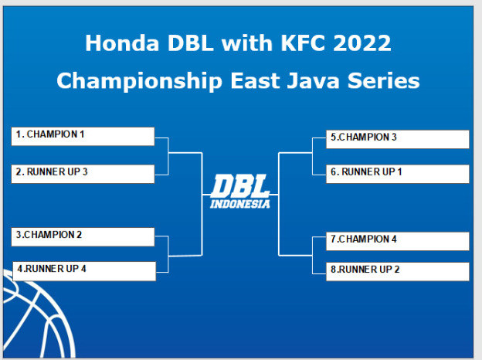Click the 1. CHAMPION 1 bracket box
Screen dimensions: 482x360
coord(83,136)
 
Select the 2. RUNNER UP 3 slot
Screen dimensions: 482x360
coord(83,174)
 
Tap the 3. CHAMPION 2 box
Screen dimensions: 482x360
coord(83,236)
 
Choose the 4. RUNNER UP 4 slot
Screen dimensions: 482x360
coord(84,271)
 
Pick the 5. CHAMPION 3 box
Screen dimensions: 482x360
coord(398,139)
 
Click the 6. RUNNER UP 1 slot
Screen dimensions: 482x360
coord(398,174)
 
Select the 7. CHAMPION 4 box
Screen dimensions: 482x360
coord(398,241)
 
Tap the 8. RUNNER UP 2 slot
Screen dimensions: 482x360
coord(398,271)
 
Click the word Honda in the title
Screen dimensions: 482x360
coord(122,43)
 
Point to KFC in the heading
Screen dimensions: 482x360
coord(303,43)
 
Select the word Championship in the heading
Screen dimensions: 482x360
coord(140,81)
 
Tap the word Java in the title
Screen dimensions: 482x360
coord(314,80)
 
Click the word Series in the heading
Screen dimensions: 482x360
coord(384,80)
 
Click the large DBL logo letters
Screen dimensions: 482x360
coord(240,186)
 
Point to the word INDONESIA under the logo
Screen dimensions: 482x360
coord(240,204)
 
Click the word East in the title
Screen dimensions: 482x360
coord(255,80)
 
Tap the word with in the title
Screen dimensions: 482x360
coord(247,43)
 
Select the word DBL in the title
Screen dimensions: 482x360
coord(191,43)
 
